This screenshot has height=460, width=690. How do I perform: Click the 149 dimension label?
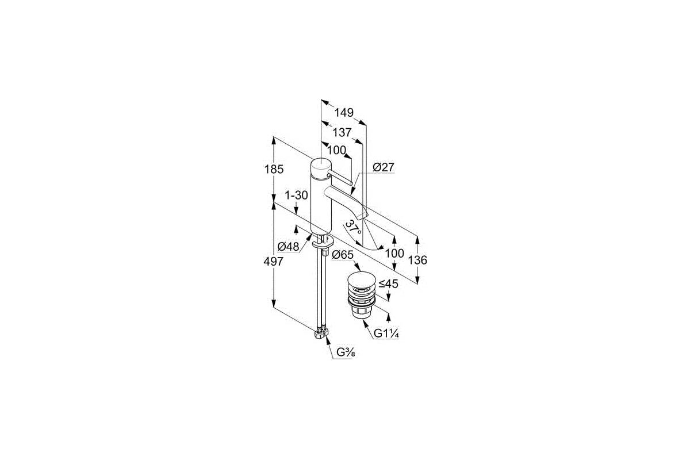pos(344,113)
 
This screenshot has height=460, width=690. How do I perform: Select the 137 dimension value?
pos(342,132)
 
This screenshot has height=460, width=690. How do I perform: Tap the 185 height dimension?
pos(274,169)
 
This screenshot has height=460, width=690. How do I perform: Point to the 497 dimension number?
pos(273,261)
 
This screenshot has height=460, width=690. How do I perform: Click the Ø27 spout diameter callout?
pos(383,167)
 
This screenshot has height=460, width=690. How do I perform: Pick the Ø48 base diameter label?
pos(288,247)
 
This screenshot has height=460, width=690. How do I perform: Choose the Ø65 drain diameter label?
pos(343,255)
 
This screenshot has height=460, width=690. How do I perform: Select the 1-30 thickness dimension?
pos(296,195)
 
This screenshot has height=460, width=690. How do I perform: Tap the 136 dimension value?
pos(417,260)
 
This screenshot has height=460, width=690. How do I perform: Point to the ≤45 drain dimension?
pos(388,283)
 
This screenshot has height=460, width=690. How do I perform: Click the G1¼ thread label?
pos(386,333)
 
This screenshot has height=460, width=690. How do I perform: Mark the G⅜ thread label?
pos(346,352)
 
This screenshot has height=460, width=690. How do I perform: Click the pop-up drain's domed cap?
pos(362,280)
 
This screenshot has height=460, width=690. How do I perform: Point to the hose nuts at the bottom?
pos(321,334)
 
